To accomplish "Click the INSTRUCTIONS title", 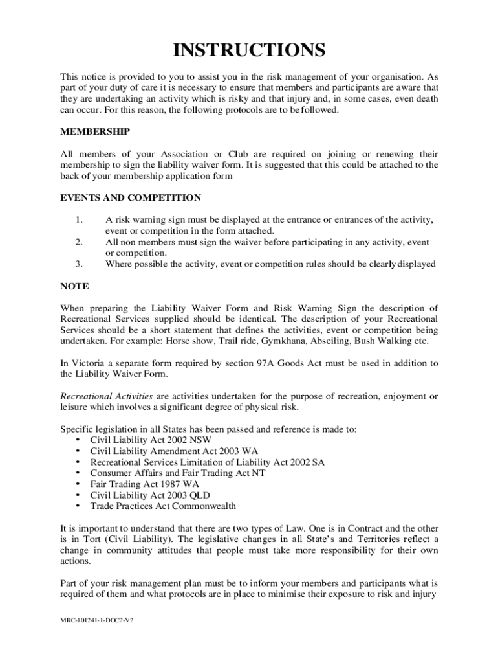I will [249, 50].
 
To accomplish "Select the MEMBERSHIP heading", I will [95, 131].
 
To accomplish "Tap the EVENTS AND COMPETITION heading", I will [131, 197].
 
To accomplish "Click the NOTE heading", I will [74, 286].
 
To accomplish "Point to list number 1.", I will [79, 220].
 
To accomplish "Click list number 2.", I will [79, 242].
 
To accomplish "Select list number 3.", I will [79, 264].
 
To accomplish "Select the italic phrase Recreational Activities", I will [107, 396].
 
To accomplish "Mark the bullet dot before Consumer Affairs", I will [78, 473].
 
